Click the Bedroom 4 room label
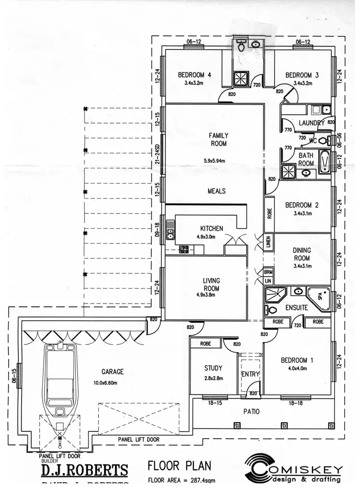click(x=194, y=75)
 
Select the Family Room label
click(x=218, y=139)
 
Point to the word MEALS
click(x=216, y=191)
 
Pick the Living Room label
click(x=211, y=284)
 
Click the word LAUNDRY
click(x=312, y=123)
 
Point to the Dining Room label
click(x=301, y=254)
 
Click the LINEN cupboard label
click(x=268, y=243)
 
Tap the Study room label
click(x=213, y=368)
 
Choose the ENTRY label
click(x=250, y=374)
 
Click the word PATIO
click(x=251, y=411)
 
